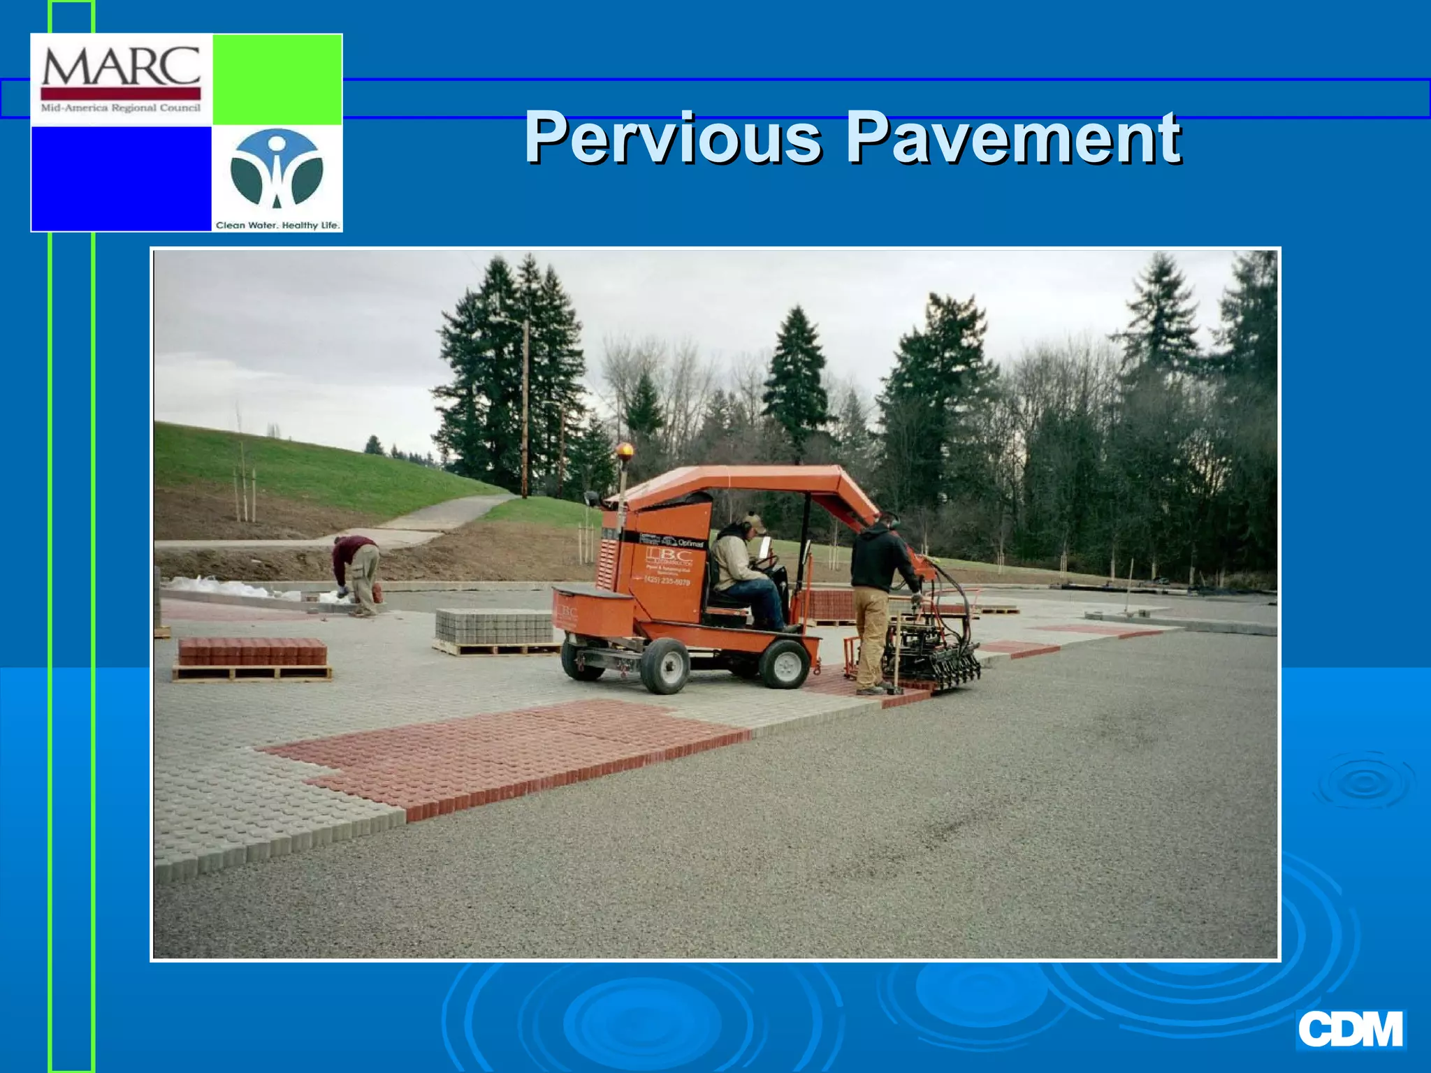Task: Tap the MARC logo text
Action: point(121,67)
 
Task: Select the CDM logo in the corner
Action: point(1350,1030)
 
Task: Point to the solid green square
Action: point(277,79)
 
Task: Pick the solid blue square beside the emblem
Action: point(121,178)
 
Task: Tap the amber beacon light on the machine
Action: point(624,451)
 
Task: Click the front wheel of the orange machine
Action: point(785,664)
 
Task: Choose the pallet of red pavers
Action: point(252,653)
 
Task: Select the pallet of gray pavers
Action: point(494,627)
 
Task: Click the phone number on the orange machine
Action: point(667,581)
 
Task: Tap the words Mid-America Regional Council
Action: point(121,108)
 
